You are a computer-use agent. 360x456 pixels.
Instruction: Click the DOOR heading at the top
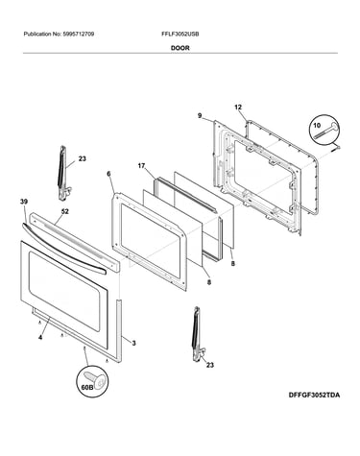coord(180,48)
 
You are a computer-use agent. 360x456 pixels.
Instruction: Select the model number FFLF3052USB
coord(180,34)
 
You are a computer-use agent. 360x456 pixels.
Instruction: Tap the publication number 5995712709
coord(78,34)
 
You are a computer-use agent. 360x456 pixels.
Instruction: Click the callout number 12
coord(238,108)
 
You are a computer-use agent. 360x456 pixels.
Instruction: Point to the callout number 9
coord(200,115)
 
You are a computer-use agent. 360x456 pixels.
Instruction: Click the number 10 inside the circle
coord(317,125)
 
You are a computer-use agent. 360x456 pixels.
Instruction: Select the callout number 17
coord(141,166)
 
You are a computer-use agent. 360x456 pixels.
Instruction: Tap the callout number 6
coord(108,174)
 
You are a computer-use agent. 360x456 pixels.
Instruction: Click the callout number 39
coord(24,202)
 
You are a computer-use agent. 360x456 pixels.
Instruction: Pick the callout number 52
coord(64,211)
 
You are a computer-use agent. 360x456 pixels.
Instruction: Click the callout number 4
coord(40,338)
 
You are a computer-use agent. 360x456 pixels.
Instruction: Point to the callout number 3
coord(133,344)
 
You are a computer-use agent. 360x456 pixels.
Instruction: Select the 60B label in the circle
coord(86,387)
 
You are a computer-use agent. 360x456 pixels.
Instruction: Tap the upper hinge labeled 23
coord(63,173)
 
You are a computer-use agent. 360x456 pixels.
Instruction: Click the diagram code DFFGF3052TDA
coord(314,395)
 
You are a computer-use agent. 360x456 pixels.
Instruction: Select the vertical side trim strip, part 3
coord(119,331)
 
